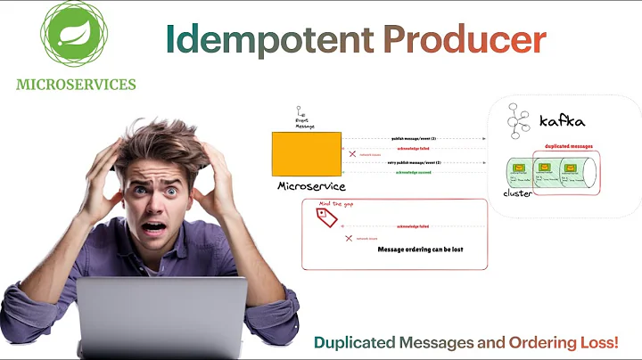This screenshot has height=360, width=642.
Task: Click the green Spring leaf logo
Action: click(75, 35)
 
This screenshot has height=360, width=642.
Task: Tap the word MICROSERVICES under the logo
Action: click(76, 85)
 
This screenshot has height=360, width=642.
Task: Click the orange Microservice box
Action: click(306, 153)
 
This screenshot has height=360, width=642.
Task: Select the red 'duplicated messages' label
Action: click(568, 146)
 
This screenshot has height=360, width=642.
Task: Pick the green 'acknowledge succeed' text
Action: click(412, 172)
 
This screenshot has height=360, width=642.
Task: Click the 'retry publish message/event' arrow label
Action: click(412, 163)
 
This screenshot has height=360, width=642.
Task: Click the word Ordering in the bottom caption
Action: click(541, 342)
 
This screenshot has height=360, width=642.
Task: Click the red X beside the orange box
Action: click(352, 154)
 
